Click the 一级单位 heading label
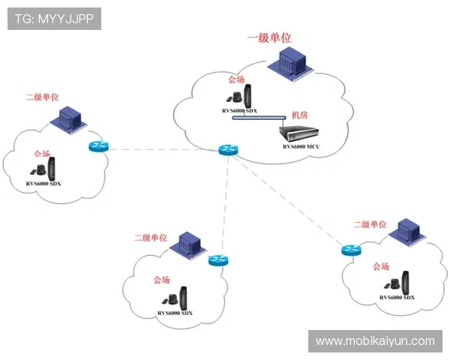coord(269,37)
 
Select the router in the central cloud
coord(228,150)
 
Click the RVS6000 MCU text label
coord(301,146)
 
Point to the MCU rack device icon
coord(298,133)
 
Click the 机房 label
coord(299,115)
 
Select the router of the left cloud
coord(98,147)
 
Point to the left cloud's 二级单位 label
coord(42,97)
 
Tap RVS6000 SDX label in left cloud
coord(43,183)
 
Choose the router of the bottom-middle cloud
coord(218,259)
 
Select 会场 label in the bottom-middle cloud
coord(161,280)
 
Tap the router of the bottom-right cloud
coord(349,250)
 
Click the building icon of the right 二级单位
coord(406,231)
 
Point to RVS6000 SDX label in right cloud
coord(397,298)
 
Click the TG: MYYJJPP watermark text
coord(54,18)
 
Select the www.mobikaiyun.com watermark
coord(374,341)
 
